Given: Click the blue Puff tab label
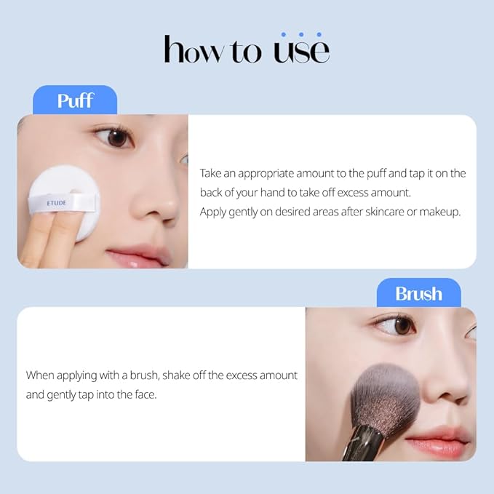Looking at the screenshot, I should [x=75, y=100].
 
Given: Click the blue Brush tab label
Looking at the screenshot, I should [x=418, y=293].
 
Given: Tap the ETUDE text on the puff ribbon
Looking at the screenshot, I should [x=56, y=203].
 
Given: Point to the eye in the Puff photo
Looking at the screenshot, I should [x=116, y=137].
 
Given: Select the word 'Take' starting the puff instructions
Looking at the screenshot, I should [x=212, y=173].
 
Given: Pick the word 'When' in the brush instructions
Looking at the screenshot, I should [x=41, y=375].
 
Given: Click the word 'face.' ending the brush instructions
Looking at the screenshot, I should [x=147, y=396].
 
